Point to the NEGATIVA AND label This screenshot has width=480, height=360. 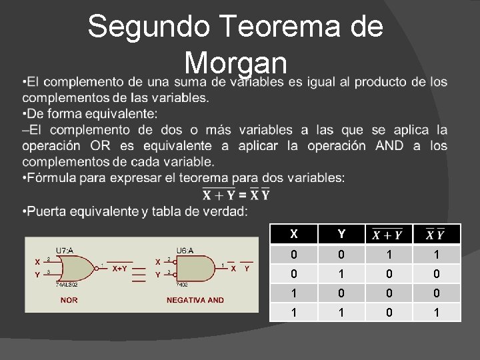click(195, 301)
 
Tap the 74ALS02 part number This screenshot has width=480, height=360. click(67, 283)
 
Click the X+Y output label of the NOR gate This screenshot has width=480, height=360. click(121, 269)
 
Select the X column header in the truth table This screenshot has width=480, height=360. click(295, 234)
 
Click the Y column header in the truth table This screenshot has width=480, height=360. click(341, 234)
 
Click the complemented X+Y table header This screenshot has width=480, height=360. click(387, 234)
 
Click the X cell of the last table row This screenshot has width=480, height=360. click(295, 311)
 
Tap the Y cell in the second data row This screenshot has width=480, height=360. click(341, 273)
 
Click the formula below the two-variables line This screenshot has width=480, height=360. click(236, 195)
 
